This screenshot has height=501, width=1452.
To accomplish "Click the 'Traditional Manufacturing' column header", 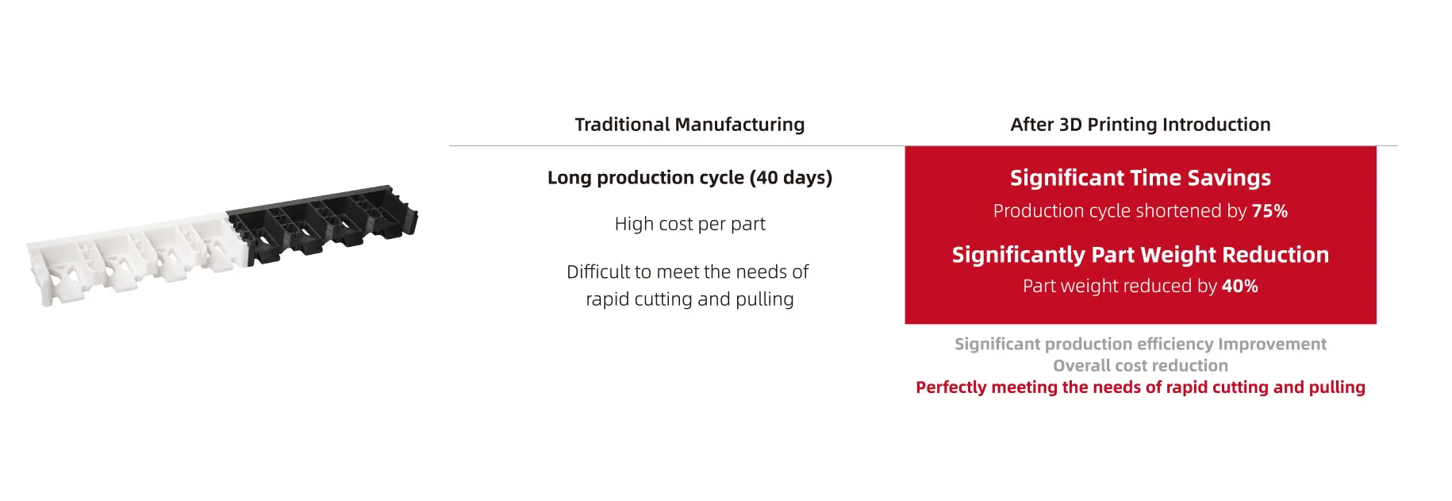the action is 690,125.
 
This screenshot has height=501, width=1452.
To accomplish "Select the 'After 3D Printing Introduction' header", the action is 1140,125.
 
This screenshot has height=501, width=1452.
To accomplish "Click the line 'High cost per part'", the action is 690,224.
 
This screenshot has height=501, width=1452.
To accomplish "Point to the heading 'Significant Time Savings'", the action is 1140,178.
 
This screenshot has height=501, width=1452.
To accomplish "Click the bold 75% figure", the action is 1270,211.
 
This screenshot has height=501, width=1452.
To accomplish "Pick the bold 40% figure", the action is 1240,286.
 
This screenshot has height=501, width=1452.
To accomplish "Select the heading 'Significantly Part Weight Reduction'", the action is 1140,255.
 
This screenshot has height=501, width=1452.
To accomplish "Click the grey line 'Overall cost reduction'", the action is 1140,366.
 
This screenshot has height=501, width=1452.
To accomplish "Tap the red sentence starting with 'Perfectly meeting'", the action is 1140,387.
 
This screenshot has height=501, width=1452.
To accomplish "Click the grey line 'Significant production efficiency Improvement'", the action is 1140,344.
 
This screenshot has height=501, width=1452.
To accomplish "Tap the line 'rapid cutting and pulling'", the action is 690,299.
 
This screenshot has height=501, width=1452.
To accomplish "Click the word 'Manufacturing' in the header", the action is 739,125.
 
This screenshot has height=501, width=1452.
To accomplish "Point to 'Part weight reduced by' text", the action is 1120,286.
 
